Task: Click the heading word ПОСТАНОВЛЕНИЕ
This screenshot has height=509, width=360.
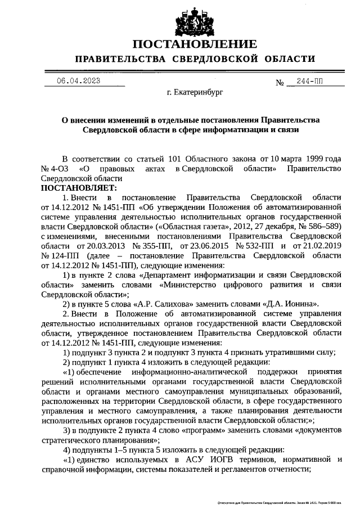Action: coord(195,44)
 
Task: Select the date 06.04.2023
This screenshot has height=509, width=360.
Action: coord(78,80)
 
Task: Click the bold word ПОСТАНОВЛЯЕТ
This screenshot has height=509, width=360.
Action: coord(78,187)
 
